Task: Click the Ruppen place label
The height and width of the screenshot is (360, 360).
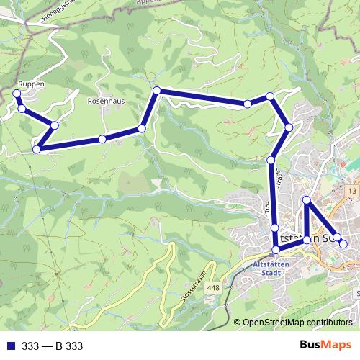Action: click(31, 84)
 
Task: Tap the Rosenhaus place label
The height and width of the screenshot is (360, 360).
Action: click(106, 102)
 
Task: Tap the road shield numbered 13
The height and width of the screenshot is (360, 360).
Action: click(351, 190)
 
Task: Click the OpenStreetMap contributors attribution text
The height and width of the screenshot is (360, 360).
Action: click(297, 322)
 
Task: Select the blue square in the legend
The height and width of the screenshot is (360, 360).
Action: click(9, 346)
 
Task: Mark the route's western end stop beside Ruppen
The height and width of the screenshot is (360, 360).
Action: click(16, 94)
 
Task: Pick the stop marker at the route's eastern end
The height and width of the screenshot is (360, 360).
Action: click(343, 244)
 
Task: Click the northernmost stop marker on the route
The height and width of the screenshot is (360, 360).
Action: click(156, 90)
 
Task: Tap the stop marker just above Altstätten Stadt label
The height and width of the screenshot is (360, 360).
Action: click(275, 251)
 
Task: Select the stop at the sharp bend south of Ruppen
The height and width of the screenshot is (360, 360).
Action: click(36, 149)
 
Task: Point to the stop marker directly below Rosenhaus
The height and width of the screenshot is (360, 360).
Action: click(102, 139)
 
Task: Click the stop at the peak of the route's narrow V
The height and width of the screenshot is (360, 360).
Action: click(307, 199)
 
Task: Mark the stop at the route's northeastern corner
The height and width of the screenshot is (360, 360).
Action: click(270, 96)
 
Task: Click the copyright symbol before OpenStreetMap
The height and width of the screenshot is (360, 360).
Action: click(238, 322)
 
